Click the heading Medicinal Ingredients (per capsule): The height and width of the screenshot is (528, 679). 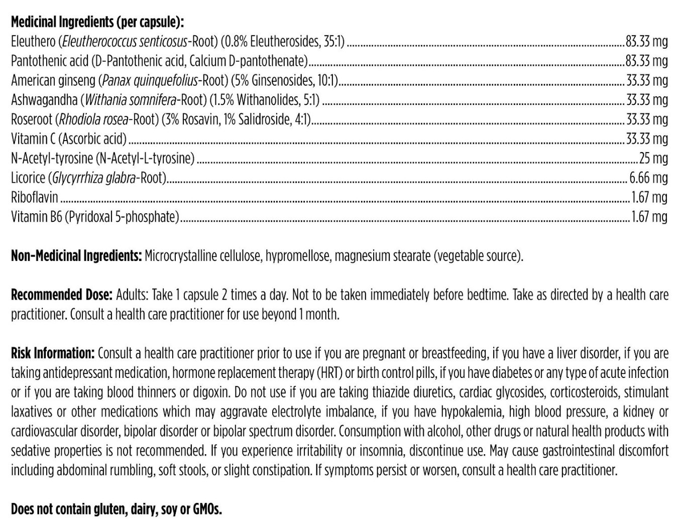(97, 22)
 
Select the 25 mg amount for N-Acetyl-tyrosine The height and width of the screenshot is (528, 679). (653, 159)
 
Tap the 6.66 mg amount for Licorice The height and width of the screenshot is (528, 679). (648, 178)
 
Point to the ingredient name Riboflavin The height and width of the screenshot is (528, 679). (34, 197)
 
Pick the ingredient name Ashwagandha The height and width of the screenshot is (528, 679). (44, 100)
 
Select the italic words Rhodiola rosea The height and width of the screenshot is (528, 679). (93, 119)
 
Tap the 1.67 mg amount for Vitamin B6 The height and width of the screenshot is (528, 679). (649, 217)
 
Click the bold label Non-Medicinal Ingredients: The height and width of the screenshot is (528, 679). (76, 256)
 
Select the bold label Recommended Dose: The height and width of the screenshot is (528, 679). (62, 295)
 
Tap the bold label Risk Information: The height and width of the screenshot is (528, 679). (53, 353)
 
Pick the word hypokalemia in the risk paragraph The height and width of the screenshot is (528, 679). (472, 412)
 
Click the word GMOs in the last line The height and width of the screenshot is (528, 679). (207, 509)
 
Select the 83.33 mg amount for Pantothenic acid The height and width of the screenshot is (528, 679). (646, 61)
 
